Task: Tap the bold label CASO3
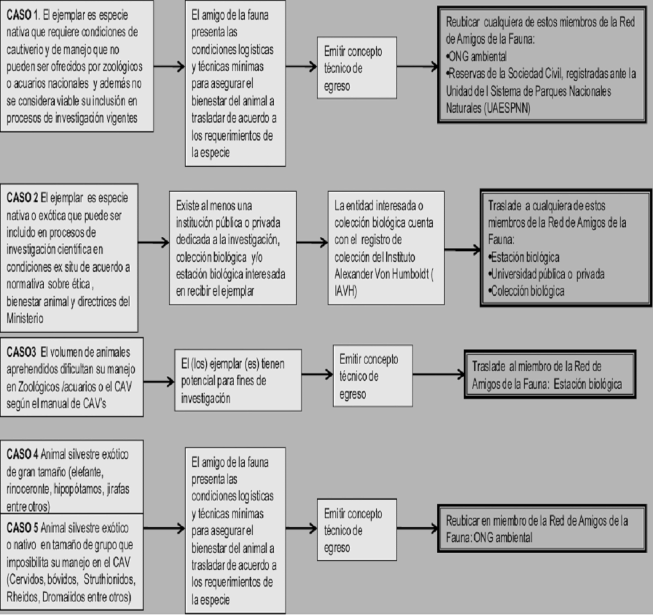click(x=22, y=352)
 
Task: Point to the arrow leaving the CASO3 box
click(x=158, y=382)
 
